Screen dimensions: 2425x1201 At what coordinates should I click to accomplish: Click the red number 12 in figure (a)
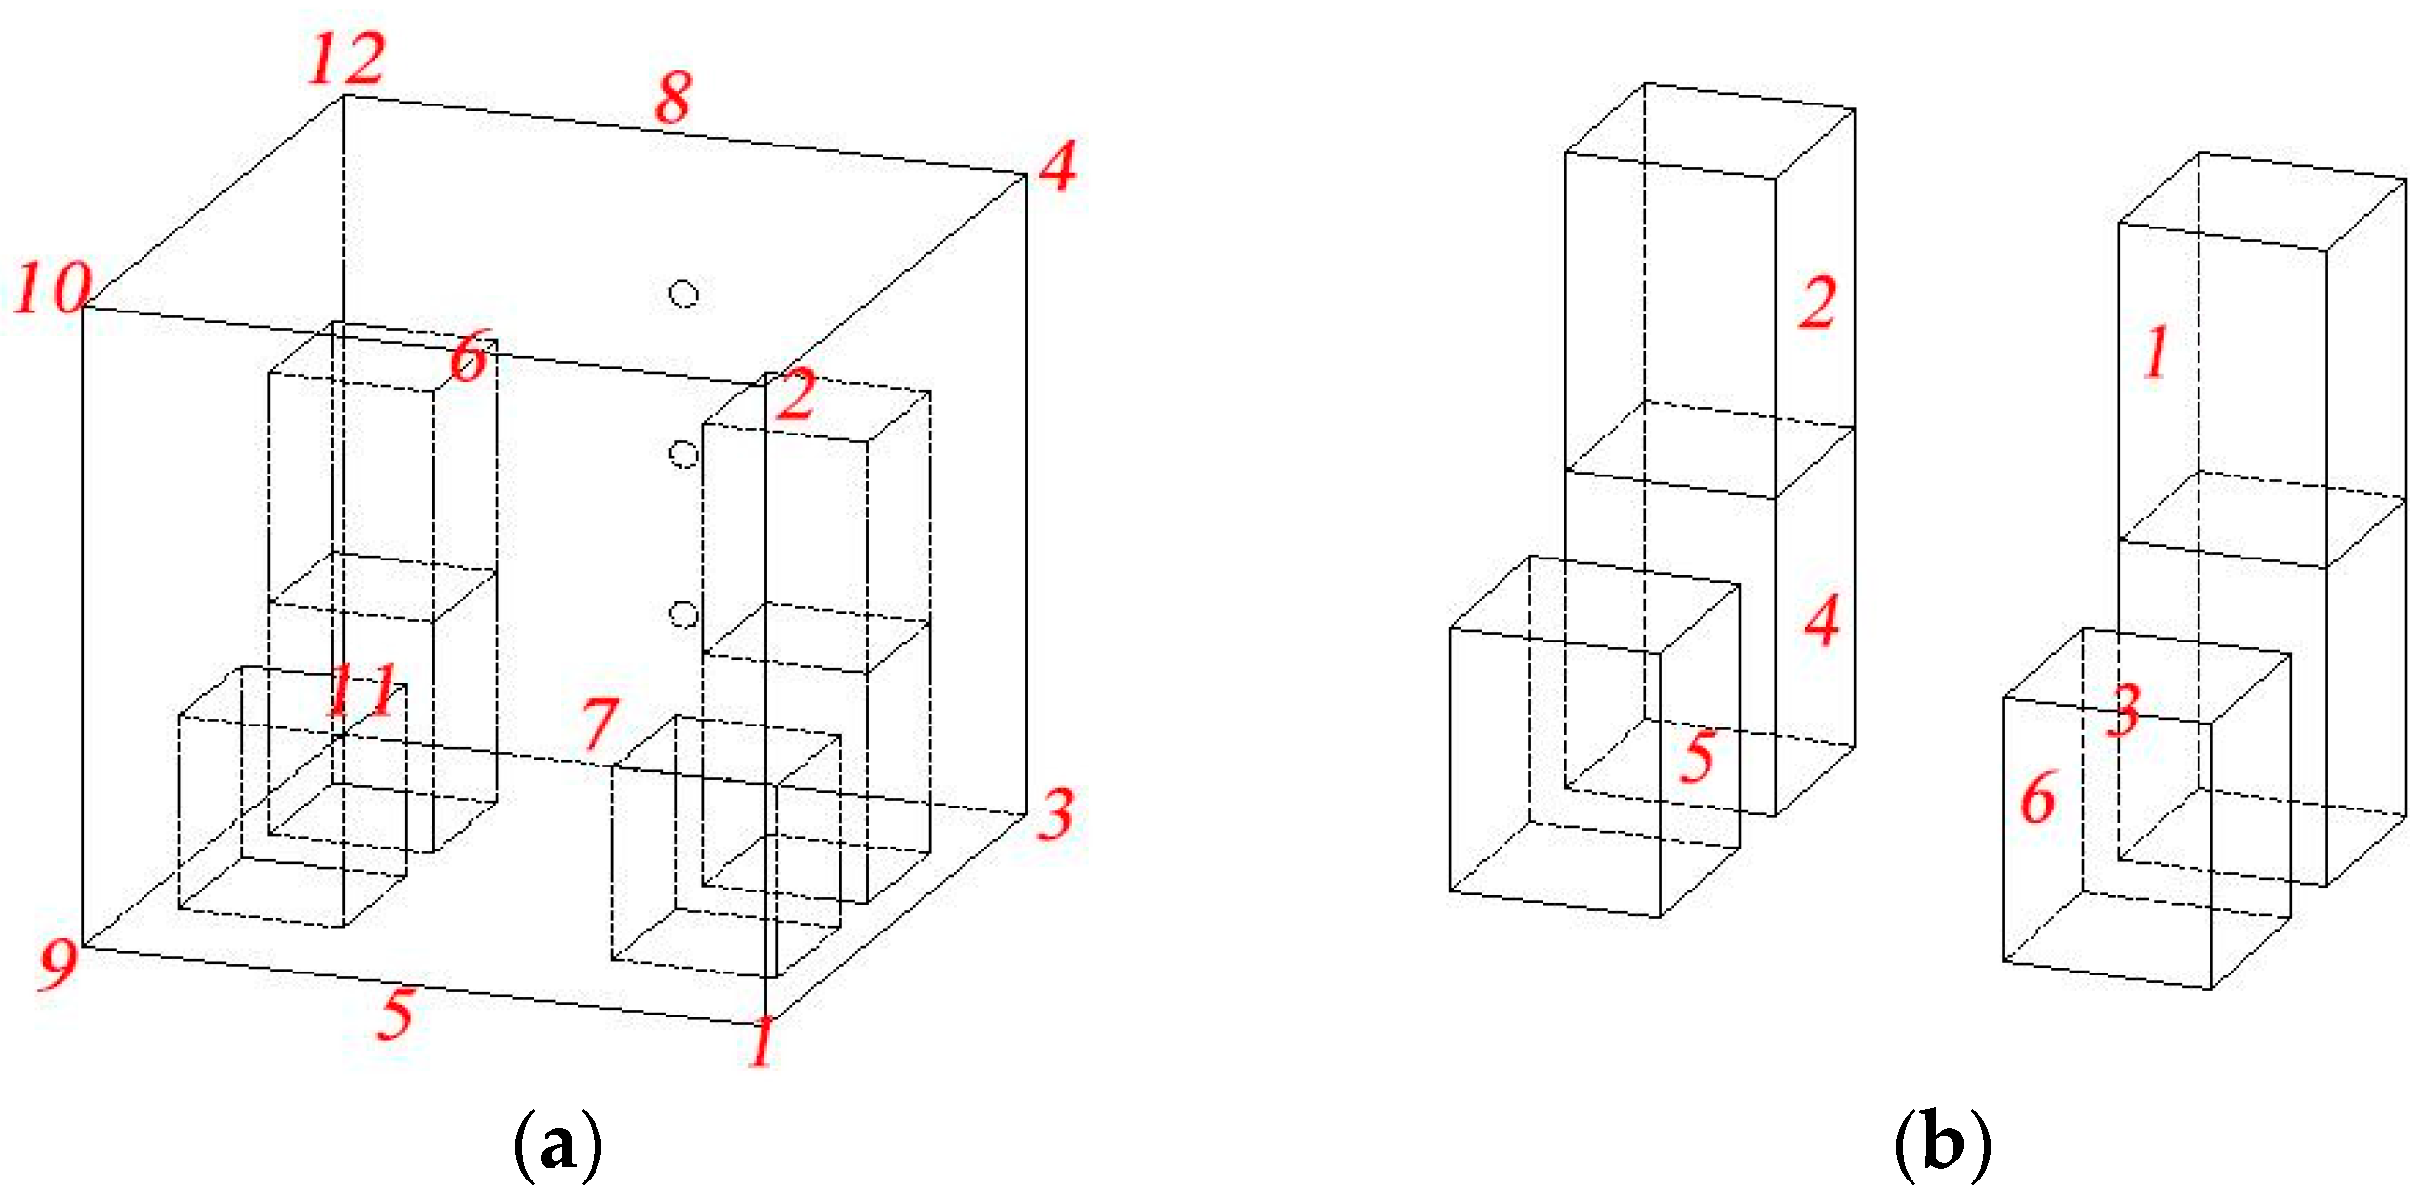tap(347, 59)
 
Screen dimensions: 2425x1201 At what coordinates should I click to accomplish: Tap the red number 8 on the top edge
tap(675, 97)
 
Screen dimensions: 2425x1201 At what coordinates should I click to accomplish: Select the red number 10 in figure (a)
tap(52, 288)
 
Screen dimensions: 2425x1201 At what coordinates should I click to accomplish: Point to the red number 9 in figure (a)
tap(59, 965)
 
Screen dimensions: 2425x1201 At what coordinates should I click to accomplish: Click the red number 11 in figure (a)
tap(362, 688)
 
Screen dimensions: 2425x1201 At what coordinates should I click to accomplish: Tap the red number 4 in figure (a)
tap(1057, 165)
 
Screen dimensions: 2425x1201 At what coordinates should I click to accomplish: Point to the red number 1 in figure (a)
tap(762, 1041)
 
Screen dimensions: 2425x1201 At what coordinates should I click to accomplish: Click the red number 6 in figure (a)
tap(469, 355)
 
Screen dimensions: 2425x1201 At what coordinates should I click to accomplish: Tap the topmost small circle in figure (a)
tap(683, 293)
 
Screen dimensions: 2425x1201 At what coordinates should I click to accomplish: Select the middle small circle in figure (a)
tap(683, 454)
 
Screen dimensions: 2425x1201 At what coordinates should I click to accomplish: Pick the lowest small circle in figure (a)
tap(683, 614)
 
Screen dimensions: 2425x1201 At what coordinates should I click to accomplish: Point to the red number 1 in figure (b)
tap(2157, 352)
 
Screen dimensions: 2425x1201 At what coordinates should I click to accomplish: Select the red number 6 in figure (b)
tap(2038, 798)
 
